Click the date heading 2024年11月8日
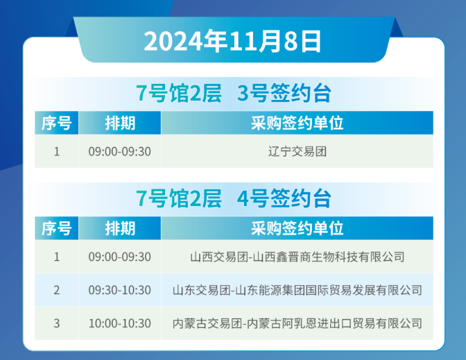(233, 41)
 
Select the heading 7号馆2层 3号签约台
(233, 93)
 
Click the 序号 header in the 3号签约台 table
(56, 123)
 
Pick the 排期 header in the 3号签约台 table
(119, 123)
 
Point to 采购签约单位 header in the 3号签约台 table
(297, 123)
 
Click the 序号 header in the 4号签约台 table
(56, 228)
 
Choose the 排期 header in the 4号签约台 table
(119, 228)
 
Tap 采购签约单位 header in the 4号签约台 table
(297, 228)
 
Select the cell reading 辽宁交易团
(297, 151)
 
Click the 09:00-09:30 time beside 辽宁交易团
(119, 151)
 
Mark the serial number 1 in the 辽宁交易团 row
(56, 151)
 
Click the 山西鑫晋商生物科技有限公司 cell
(297, 257)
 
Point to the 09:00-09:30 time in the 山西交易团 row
(119, 257)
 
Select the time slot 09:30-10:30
(119, 290)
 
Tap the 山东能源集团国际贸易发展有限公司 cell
(297, 290)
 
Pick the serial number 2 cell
(56, 290)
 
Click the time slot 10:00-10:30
(119, 323)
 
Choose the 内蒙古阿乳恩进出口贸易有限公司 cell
(297, 323)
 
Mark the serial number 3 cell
(56, 323)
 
